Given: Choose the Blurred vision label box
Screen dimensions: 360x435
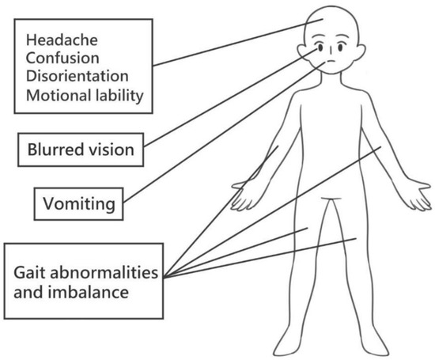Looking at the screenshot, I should pos(81,148).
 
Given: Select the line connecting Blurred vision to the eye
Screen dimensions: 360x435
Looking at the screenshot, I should pos(229,99).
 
